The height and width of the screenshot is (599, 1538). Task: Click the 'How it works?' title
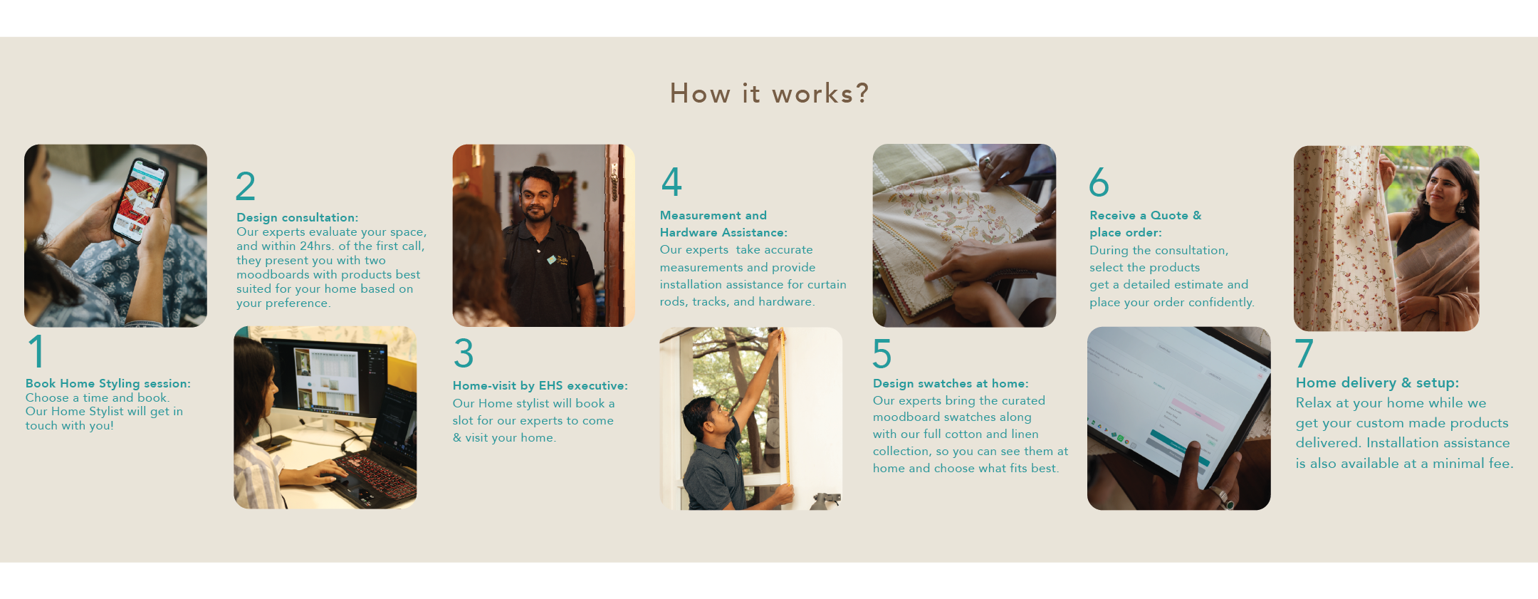click(x=769, y=93)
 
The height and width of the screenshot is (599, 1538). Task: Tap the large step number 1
click(x=36, y=351)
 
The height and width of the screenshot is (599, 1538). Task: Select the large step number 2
click(x=246, y=186)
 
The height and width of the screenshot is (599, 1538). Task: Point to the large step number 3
click(x=464, y=353)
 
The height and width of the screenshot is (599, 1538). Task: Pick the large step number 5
click(x=882, y=353)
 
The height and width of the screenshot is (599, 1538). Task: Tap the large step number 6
click(x=1099, y=182)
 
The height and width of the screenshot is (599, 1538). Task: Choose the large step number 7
click(x=1304, y=353)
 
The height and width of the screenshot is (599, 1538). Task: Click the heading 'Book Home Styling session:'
click(x=108, y=384)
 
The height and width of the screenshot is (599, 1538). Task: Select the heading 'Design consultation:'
click(x=298, y=217)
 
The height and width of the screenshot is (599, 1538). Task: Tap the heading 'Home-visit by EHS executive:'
click(x=540, y=386)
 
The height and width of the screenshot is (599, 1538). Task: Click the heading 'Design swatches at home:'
click(x=951, y=383)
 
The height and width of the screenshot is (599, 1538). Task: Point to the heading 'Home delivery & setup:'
click(x=1377, y=383)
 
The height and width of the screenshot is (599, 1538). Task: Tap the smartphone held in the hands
click(x=140, y=199)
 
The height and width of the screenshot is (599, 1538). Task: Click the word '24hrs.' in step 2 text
click(x=317, y=246)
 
